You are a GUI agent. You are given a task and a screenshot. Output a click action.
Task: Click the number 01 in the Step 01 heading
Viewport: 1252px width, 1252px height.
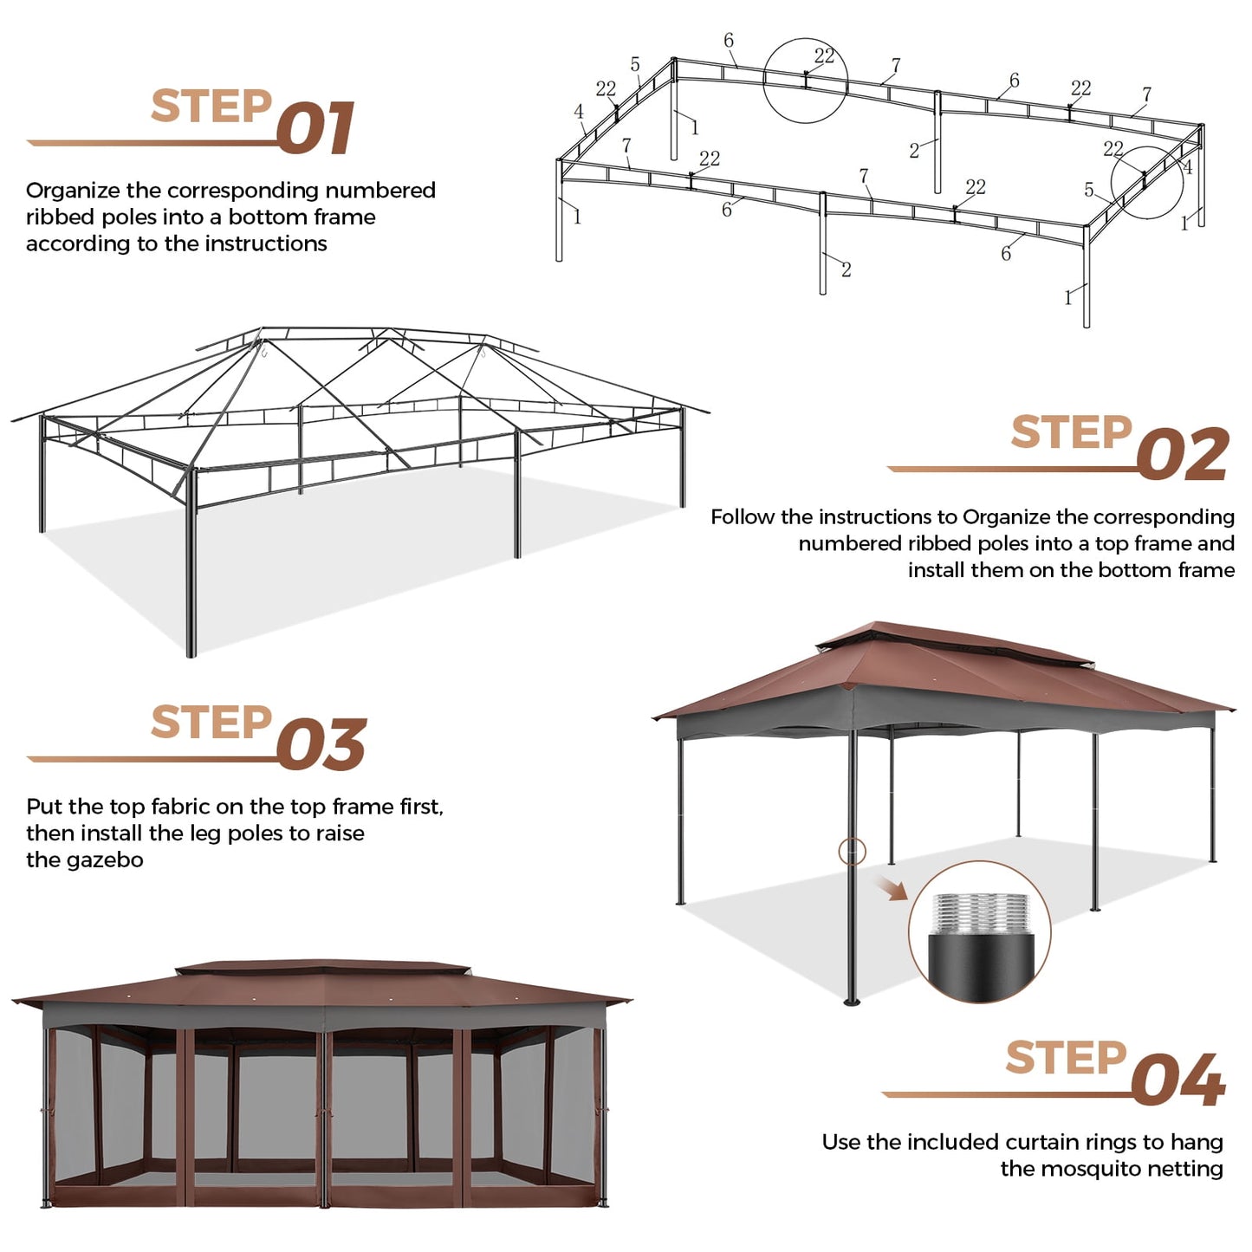[x=316, y=129]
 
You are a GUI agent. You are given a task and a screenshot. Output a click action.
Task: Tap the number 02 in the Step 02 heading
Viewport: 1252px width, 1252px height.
[x=1183, y=455]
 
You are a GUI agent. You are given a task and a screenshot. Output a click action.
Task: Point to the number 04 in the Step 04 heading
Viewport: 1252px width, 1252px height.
[x=1177, y=1080]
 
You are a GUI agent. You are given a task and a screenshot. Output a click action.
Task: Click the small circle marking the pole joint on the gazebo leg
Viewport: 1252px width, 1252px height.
[x=853, y=851]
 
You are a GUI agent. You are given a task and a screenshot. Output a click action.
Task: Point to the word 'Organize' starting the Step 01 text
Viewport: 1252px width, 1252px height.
[x=73, y=191]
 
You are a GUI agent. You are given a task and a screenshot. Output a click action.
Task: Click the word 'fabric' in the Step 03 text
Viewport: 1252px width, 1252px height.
[x=180, y=807]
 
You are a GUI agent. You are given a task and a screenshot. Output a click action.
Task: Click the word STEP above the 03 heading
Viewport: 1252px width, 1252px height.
[x=211, y=723]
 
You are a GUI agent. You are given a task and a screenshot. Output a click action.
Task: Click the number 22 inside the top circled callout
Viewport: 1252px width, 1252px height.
[x=824, y=56]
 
